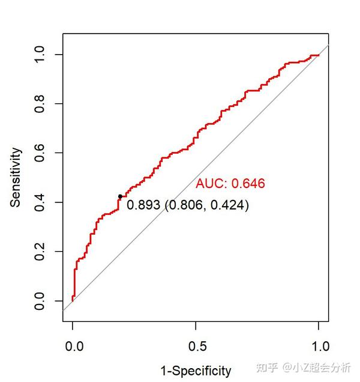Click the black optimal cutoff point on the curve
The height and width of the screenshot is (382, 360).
[x=120, y=196]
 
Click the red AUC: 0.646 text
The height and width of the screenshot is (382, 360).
[x=230, y=184]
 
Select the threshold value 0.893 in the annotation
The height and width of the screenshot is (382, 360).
[x=144, y=205]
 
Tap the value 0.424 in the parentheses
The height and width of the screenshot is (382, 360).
[x=227, y=205]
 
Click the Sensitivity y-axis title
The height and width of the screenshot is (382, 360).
[x=16, y=177]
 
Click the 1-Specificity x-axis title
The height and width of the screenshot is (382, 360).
[x=195, y=371]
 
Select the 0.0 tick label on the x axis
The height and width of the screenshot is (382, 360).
[x=73, y=347]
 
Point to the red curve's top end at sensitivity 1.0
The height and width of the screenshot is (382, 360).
[x=317, y=55]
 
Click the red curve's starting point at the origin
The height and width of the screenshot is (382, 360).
[x=73, y=300]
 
